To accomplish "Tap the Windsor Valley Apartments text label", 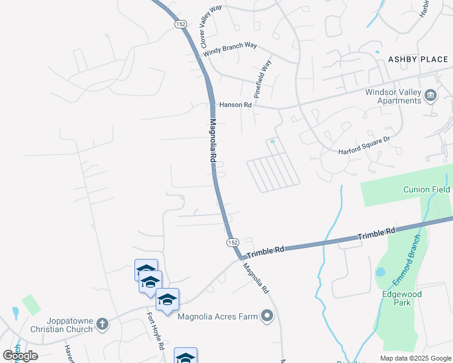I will click(392, 96).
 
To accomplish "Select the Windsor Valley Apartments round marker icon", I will click(431, 96).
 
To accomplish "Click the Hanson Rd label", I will click(236, 105).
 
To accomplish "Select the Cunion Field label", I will click(427, 189).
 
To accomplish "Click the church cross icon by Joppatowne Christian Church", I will click(102, 324).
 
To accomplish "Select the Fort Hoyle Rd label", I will click(155, 331).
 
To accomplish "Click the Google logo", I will click(21, 356).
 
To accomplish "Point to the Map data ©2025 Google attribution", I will click(415, 358).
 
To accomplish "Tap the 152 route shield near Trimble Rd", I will click(233, 242).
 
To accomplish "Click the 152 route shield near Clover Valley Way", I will click(180, 24).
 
